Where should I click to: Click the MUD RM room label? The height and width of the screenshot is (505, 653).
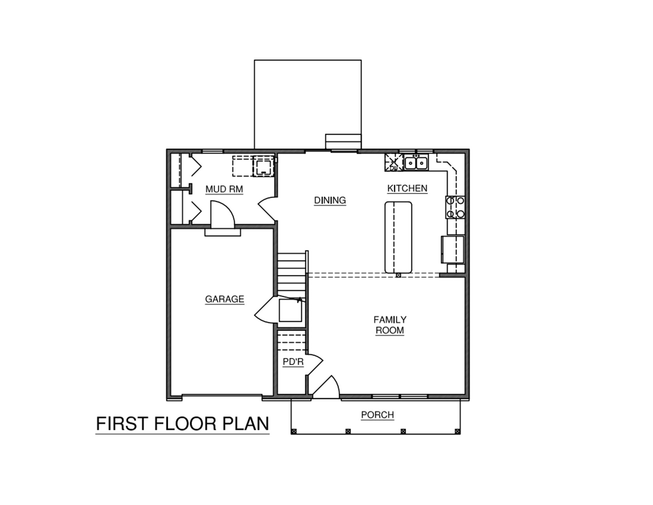[x=224, y=189]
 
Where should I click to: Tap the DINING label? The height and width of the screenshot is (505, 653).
[x=330, y=200]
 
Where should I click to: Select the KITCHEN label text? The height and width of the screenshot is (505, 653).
[x=407, y=189]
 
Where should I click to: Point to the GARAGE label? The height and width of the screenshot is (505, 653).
[x=224, y=299]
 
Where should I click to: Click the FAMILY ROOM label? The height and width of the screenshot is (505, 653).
[x=390, y=325]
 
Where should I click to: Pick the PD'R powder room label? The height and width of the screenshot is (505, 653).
[x=293, y=362]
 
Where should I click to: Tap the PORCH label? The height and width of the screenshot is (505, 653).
[x=378, y=415]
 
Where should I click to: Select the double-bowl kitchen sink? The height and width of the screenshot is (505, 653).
[x=416, y=163]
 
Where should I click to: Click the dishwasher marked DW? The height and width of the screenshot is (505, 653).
[x=394, y=162]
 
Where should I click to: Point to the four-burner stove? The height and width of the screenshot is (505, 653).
[x=455, y=207]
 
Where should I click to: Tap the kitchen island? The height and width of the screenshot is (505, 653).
[x=398, y=237]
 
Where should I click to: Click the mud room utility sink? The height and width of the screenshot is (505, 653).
[x=264, y=166]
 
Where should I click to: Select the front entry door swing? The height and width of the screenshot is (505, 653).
[x=326, y=387]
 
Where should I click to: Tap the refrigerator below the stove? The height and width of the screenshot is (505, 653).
[x=453, y=250]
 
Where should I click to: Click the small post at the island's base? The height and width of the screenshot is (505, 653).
[x=399, y=275]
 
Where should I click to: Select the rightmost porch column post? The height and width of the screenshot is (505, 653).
[x=457, y=431]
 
